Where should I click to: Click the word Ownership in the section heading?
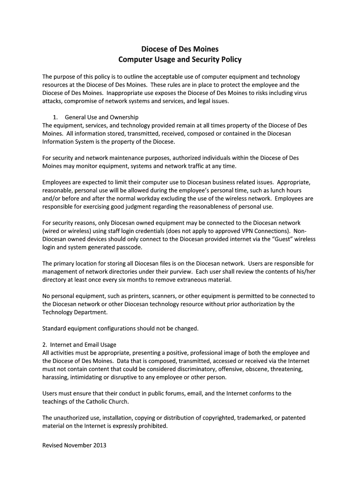pyautogui.click(x=123, y=117)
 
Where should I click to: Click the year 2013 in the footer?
pyautogui.click(x=99, y=445)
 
